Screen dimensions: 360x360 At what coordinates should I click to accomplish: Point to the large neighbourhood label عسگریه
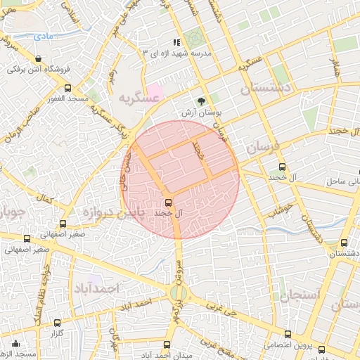coord(139,98)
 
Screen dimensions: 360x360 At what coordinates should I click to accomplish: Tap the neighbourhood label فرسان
coord(262,147)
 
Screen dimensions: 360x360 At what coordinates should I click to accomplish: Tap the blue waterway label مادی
coord(43,34)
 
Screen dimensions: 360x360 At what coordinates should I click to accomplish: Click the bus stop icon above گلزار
coord(58,323)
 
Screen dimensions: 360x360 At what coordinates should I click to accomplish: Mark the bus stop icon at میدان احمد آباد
coord(167,345)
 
